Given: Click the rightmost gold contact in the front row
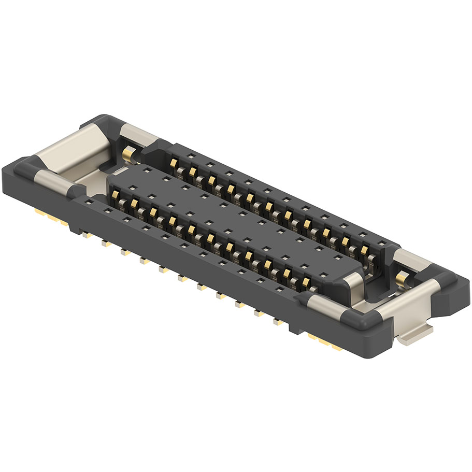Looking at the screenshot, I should (x=307, y=282).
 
